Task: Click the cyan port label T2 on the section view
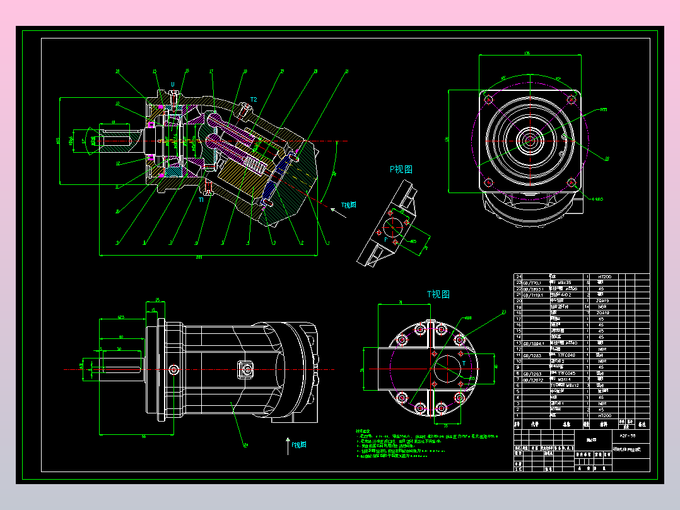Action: click(254, 100)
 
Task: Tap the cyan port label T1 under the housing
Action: click(201, 199)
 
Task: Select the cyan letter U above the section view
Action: click(173, 84)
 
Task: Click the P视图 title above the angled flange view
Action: click(401, 169)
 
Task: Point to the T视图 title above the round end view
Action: click(438, 294)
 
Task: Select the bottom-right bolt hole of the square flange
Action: click(572, 182)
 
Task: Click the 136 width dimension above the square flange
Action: click(527, 54)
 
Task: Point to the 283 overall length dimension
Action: click(199, 258)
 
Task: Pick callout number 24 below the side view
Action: click(246, 445)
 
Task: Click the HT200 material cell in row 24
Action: click(604, 277)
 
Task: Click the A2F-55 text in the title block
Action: click(628, 436)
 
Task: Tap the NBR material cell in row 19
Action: click(604, 307)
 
